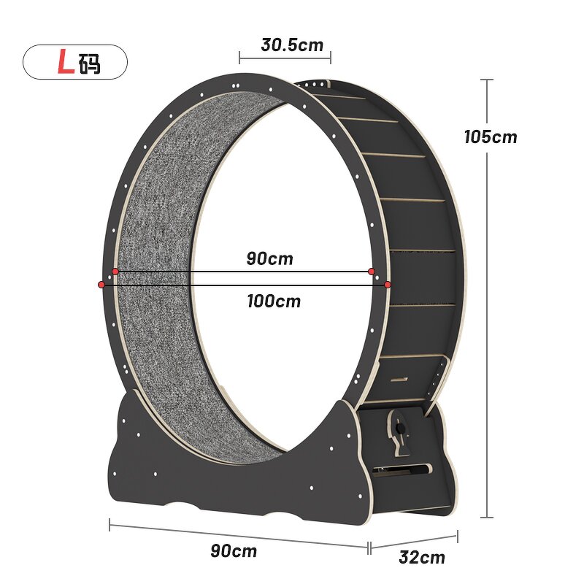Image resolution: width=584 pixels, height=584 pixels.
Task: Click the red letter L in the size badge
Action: click(x=66, y=63)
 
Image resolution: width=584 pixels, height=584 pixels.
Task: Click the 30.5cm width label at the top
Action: click(x=292, y=45)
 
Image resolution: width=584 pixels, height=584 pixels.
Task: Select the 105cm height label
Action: click(x=490, y=137)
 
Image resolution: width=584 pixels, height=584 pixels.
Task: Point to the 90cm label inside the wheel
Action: click(x=269, y=258)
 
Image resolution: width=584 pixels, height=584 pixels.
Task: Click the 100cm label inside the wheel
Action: click(x=273, y=300)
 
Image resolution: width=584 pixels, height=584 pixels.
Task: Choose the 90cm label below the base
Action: click(x=234, y=551)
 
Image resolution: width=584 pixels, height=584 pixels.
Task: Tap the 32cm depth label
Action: click(x=422, y=558)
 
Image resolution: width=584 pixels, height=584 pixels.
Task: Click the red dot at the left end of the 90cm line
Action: click(x=115, y=272)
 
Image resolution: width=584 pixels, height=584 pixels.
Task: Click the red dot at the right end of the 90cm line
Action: click(x=372, y=272)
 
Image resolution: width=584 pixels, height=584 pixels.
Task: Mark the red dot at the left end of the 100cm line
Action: click(x=100, y=284)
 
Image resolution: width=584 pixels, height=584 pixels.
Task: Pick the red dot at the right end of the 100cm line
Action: click(x=388, y=284)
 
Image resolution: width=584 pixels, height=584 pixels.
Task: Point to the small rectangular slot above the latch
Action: click(x=398, y=380)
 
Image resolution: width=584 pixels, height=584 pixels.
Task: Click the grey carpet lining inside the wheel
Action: click(x=157, y=292)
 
